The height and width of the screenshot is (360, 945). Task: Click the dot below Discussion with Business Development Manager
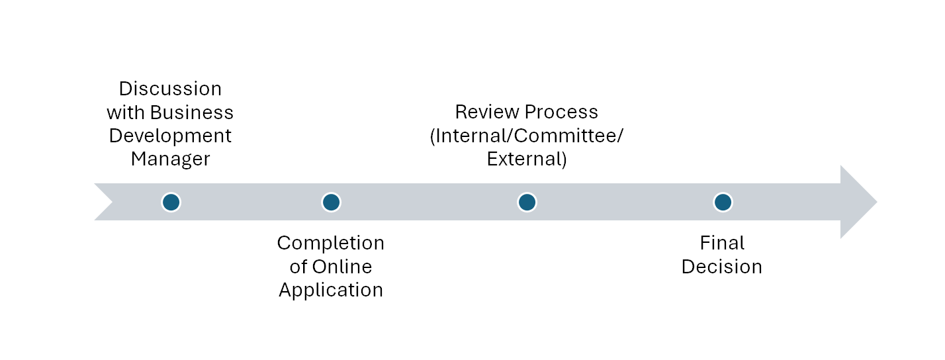click(x=171, y=202)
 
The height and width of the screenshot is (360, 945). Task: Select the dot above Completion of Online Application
click(x=331, y=202)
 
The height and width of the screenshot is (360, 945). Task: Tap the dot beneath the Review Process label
click(x=527, y=202)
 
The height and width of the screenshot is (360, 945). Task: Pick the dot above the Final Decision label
click(x=723, y=202)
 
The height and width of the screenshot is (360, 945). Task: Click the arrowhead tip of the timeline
click(x=877, y=202)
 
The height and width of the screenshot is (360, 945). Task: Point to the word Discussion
click(x=171, y=89)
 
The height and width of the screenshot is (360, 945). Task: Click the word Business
click(x=191, y=112)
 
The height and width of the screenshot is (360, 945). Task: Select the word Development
click(x=170, y=136)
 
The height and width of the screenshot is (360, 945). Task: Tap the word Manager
click(x=171, y=159)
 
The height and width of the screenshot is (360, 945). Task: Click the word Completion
click(x=331, y=244)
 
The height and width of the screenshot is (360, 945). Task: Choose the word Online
click(x=342, y=267)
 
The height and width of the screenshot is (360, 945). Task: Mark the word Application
click(x=331, y=291)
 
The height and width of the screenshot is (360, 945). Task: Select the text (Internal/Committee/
click(x=527, y=136)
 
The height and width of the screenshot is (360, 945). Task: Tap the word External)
click(x=527, y=159)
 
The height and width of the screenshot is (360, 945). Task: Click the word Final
click(x=722, y=243)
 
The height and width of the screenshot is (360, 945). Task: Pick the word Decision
click(x=722, y=267)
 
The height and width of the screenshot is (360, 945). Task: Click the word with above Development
click(x=125, y=112)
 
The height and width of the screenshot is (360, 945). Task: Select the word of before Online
click(x=298, y=267)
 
